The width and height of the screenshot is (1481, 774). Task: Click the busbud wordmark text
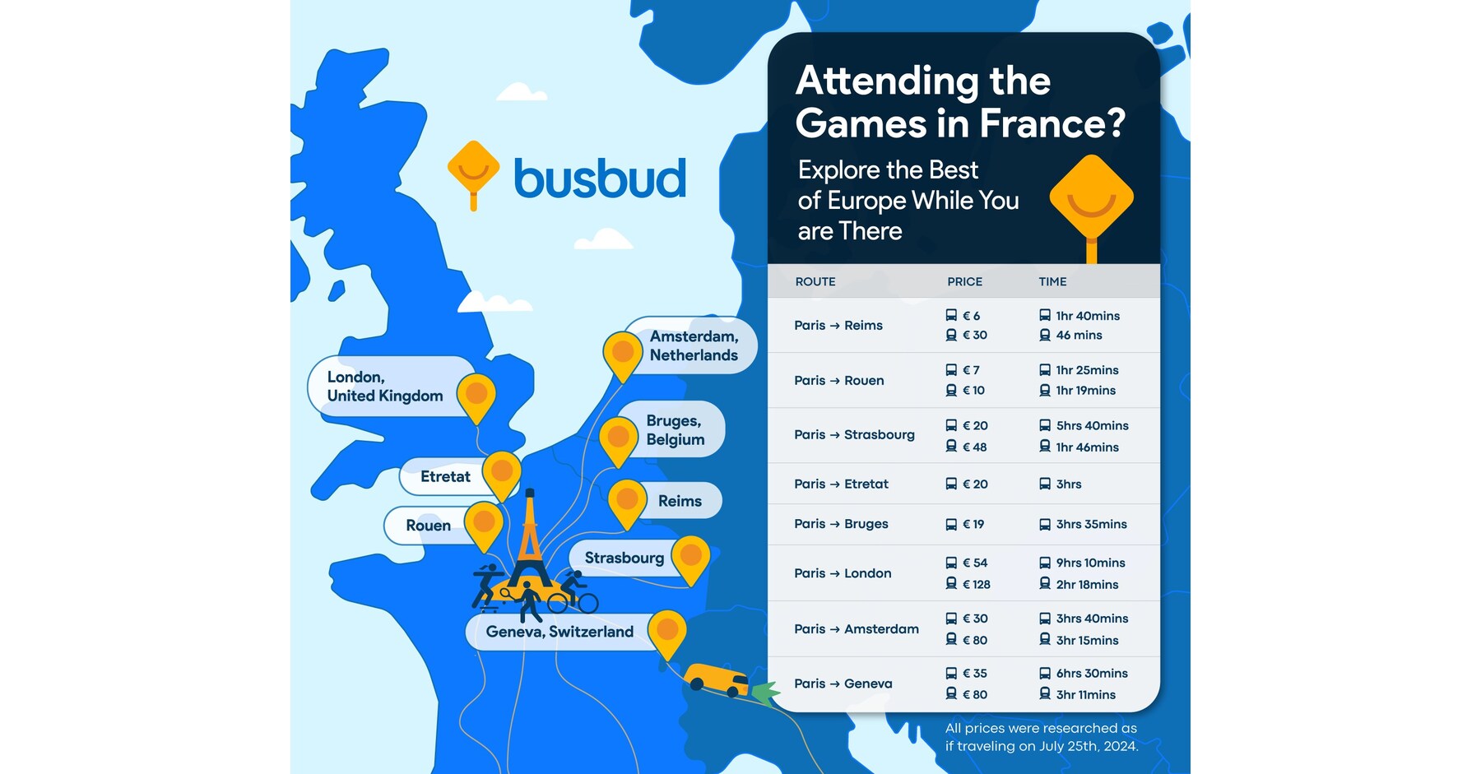click(600, 178)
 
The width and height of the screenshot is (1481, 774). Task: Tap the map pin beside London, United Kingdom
click(476, 395)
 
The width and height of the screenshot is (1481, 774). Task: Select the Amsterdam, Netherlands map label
click(694, 345)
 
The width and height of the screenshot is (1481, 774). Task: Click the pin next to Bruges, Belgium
click(619, 438)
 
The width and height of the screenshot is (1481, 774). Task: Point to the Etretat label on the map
click(445, 476)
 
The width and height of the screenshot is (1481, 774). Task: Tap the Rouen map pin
click(484, 523)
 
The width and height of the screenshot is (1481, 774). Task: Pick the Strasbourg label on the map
click(624, 558)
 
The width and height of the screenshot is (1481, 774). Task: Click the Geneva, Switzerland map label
click(559, 632)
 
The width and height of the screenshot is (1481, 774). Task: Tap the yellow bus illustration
click(717, 679)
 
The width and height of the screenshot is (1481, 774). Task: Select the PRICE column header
click(964, 281)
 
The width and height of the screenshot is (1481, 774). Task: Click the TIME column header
click(1052, 281)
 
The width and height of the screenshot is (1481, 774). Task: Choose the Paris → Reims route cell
click(838, 326)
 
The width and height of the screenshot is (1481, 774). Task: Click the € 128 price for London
click(976, 584)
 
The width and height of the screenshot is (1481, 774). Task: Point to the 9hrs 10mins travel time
click(1090, 563)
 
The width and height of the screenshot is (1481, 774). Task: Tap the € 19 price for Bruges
click(973, 524)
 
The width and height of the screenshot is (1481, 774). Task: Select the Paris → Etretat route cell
click(841, 484)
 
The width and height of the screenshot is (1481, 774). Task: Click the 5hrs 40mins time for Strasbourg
click(1092, 425)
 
